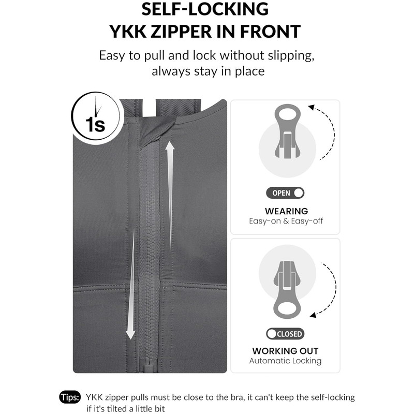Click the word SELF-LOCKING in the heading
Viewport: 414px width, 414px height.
(x=205, y=9)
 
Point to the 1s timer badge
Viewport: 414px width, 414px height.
(x=95, y=116)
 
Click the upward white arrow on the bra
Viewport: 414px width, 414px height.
(x=170, y=196)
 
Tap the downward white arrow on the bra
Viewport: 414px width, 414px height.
(x=131, y=284)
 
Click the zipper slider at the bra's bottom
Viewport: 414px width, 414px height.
(x=147, y=365)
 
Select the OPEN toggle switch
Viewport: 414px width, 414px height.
(x=285, y=193)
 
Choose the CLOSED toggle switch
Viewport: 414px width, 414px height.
(x=285, y=334)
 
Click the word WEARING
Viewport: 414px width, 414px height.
(x=287, y=211)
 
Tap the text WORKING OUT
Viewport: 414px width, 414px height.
(x=285, y=351)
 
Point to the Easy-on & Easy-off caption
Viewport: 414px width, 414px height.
(x=286, y=221)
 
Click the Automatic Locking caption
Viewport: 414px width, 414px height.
(x=285, y=361)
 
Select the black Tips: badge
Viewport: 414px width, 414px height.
(x=70, y=397)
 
